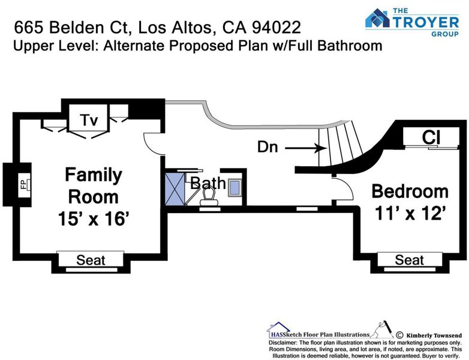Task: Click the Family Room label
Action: (x=94, y=186)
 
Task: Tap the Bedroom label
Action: (x=410, y=191)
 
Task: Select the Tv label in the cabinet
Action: (x=89, y=120)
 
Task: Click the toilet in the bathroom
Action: (x=209, y=196)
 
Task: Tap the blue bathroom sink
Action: (x=235, y=188)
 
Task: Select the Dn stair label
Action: (x=267, y=146)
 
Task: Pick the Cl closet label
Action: (x=431, y=137)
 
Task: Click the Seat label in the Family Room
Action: (x=91, y=260)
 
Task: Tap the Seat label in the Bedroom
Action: (x=410, y=260)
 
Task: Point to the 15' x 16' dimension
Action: (x=94, y=219)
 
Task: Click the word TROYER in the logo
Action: (x=426, y=23)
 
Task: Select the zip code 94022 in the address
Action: (x=276, y=27)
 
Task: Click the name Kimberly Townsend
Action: (x=434, y=335)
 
